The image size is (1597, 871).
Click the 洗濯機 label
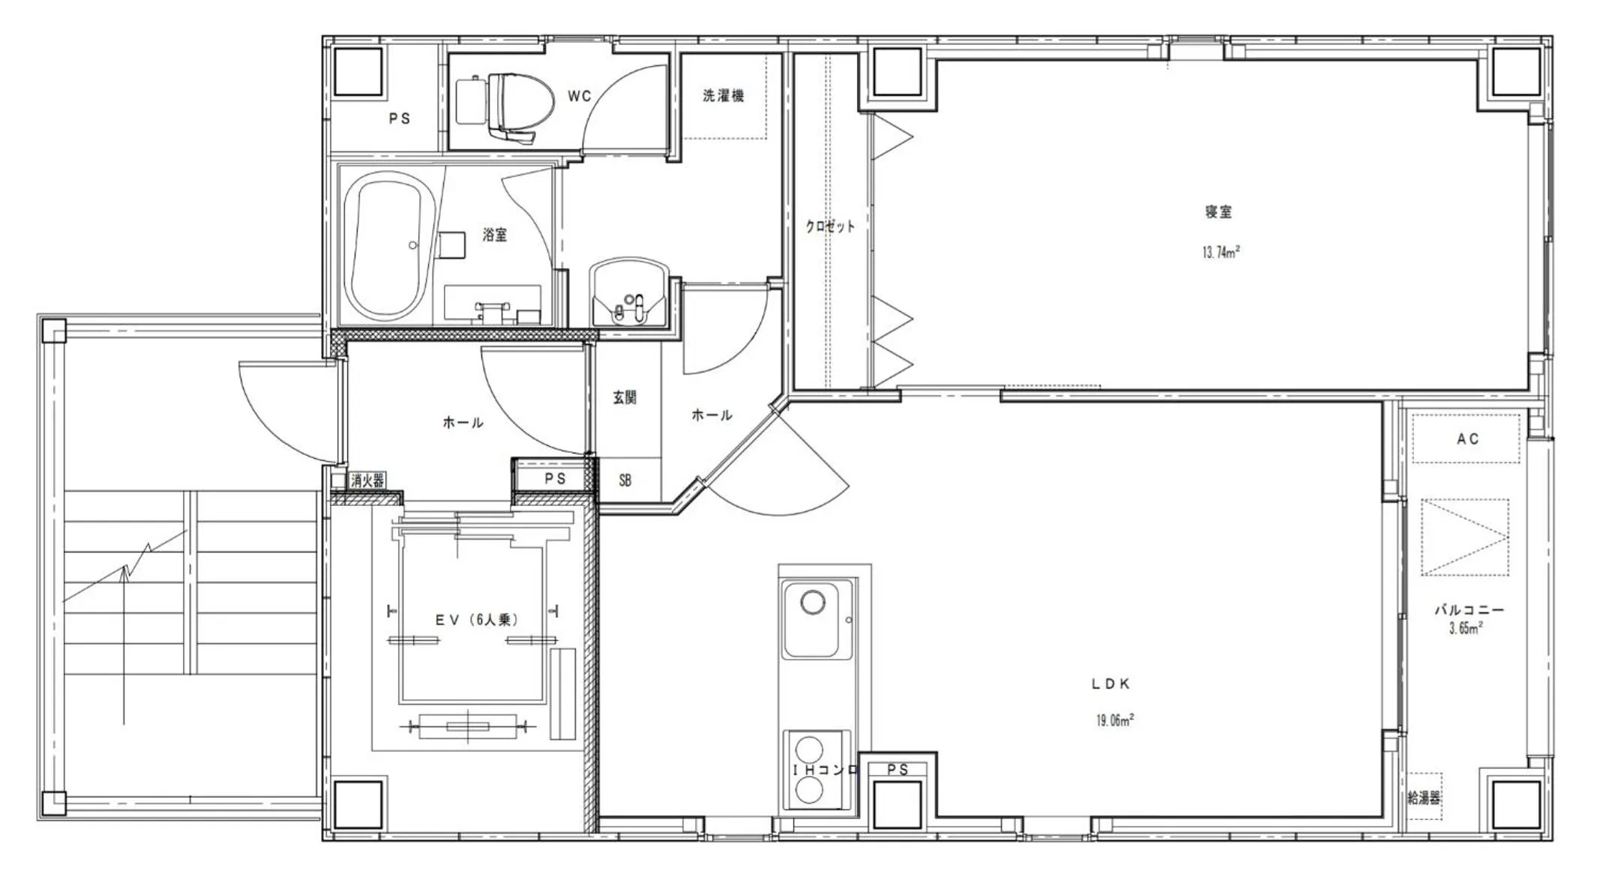click(x=723, y=96)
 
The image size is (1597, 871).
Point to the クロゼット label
click(x=830, y=226)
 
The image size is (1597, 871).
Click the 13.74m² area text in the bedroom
click(x=1220, y=253)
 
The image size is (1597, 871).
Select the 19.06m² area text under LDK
click(x=1114, y=720)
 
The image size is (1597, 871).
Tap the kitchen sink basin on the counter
click(x=816, y=618)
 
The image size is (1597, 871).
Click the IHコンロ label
click(x=825, y=770)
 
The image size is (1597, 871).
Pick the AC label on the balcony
click(x=1467, y=439)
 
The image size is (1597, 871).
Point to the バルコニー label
click(x=1469, y=610)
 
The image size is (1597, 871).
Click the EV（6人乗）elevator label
click(x=477, y=620)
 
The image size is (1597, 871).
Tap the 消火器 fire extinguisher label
click(x=367, y=480)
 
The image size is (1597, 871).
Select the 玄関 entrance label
click(x=625, y=398)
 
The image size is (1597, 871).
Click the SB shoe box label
click(x=625, y=481)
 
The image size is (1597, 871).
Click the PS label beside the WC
click(x=400, y=118)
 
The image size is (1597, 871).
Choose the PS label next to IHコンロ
click(x=897, y=770)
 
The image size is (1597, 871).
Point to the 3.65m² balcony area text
click(x=1465, y=629)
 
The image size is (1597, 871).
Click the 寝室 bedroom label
click(x=1218, y=212)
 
